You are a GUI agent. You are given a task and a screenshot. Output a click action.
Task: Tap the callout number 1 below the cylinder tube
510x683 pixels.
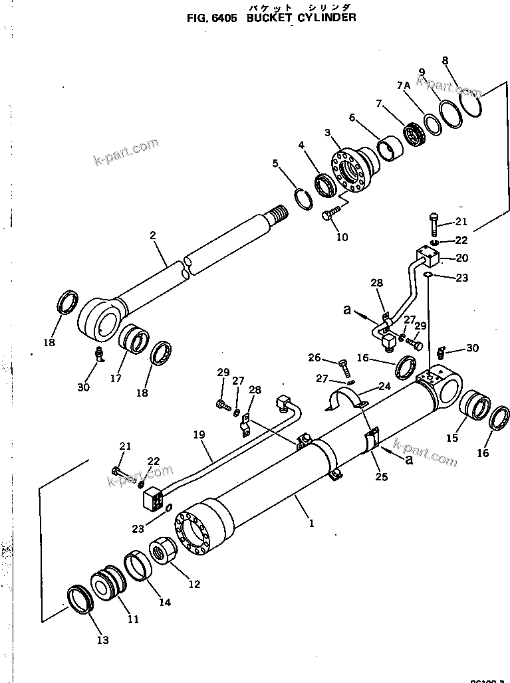click(x=311, y=523)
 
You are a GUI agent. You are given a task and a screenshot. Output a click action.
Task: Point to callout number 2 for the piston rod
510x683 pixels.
click(x=152, y=235)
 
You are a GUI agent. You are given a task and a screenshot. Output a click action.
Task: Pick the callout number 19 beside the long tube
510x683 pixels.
click(x=199, y=437)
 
